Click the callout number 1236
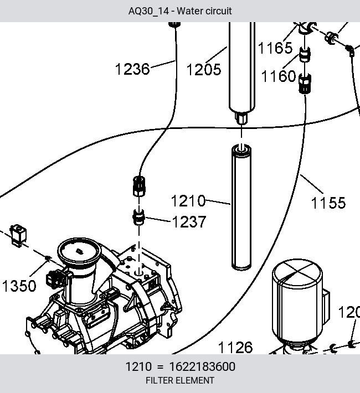tap(132, 69)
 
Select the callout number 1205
tap(204, 69)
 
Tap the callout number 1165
tap(275, 48)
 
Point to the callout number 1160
tap(279, 76)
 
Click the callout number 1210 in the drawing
tap(188, 201)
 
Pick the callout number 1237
tap(189, 222)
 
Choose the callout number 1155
tap(328, 203)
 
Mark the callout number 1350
tap(19, 286)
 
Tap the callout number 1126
tap(235, 348)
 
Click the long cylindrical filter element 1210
tap(241, 207)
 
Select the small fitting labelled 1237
tap(138, 217)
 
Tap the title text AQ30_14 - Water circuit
tap(180, 11)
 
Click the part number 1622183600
tap(202, 366)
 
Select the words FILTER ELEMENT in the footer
tap(180, 380)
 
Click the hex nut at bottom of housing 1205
tap(241, 118)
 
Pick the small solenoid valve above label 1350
tap(18, 236)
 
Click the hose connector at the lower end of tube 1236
tap(138, 186)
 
